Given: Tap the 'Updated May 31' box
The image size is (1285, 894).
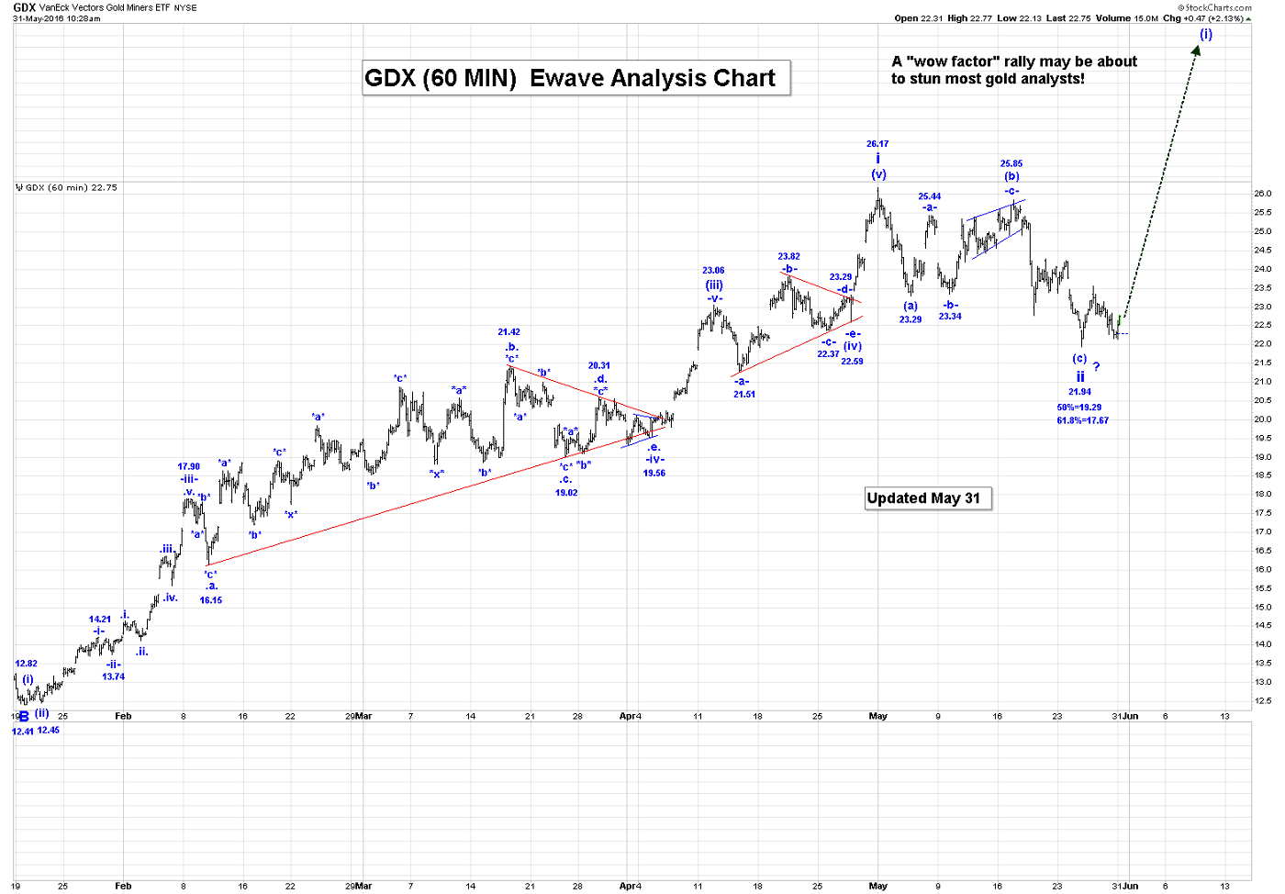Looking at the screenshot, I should click(927, 498).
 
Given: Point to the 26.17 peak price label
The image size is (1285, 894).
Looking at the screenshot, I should click(877, 144).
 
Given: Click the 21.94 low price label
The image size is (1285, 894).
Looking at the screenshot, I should click(1079, 392).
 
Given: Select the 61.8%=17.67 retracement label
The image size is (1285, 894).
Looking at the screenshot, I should click(1082, 420).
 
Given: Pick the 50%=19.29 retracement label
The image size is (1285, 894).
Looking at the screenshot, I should click(1078, 408).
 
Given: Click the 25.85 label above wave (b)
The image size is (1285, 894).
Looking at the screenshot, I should click(1011, 164).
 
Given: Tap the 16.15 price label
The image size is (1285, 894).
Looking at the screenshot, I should click(211, 600).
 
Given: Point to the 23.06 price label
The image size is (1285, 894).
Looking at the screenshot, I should click(713, 271).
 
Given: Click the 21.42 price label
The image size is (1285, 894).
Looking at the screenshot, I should click(509, 332).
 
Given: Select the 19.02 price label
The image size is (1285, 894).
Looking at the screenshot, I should click(566, 493).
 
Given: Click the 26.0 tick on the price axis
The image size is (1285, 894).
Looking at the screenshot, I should click(1263, 194).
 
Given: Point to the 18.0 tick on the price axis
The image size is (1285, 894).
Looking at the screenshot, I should click(1263, 494).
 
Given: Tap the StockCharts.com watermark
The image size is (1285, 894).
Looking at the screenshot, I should click(1218, 7).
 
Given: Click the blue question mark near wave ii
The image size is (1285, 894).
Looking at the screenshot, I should click(1096, 367).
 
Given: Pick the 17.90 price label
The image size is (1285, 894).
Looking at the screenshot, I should click(188, 466).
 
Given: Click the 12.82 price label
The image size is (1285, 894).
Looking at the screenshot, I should click(27, 664).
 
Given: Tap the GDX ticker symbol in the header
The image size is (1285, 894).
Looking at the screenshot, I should click(24, 7).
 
